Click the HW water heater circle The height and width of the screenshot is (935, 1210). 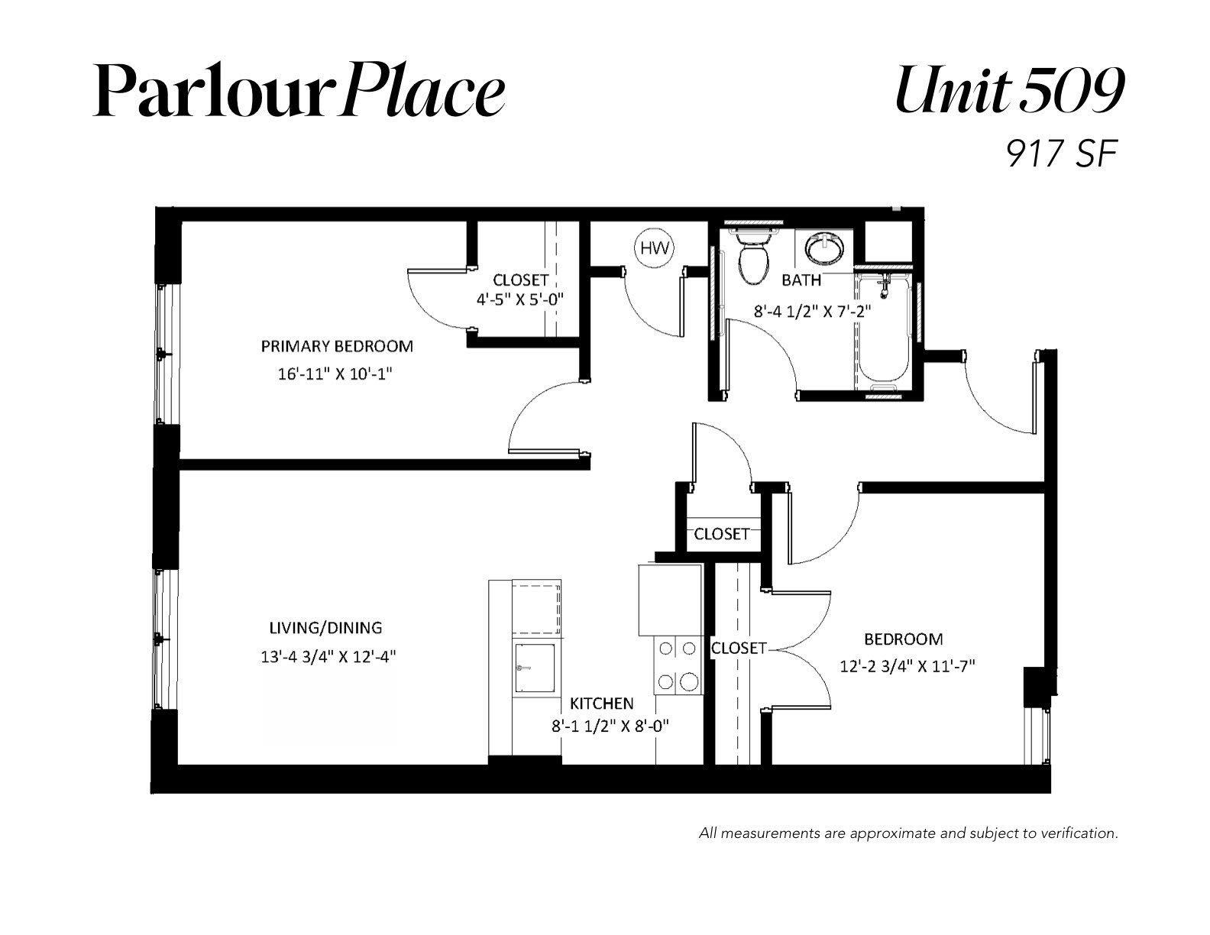pyautogui.click(x=655, y=247)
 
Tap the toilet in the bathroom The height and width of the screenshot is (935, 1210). pyautogui.click(x=754, y=258)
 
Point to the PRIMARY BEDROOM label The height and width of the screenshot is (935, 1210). pyautogui.click(x=338, y=346)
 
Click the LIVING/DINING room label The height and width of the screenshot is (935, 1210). pyautogui.click(x=325, y=628)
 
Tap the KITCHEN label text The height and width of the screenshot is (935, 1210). pyautogui.click(x=601, y=704)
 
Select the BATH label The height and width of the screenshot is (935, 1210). pyautogui.click(x=801, y=280)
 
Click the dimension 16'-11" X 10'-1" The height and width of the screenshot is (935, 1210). pyautogui.click(x=335, y=374)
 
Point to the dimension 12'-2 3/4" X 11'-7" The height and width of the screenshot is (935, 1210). pyautogui.click(x=907, y=666)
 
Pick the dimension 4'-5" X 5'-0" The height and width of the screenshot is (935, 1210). pyautogui.click(x=520, y=299)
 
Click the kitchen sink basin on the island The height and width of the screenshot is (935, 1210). pyautogui.click(x=535, y=668)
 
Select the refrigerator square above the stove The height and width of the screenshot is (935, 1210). pyautogui.click(x=670, y=600)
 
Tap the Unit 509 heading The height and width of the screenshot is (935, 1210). pyautogui.click(x=1010, y=90)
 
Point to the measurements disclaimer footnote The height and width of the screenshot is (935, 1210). pyautogui.click(x=908, y=833)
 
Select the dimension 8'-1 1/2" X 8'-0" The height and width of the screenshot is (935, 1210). pyautogui.click(x=610, y=726)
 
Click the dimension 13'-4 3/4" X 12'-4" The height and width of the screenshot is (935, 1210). pyautogui.click(x=328, y=656)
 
